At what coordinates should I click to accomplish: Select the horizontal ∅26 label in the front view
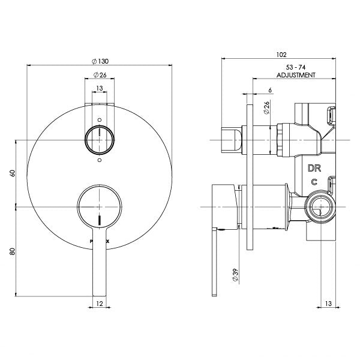[x=100, y=75]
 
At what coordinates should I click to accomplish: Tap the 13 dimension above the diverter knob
[x=100, y=88]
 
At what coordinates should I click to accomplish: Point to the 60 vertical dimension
[x=12, y=173]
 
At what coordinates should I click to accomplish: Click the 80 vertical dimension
[x=12, y=252]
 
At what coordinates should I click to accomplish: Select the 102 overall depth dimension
[x=281, y=53]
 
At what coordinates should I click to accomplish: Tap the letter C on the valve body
[x=313, y=182]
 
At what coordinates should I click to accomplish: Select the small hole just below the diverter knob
[x=100, y=161]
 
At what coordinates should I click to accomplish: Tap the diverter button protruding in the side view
[x=232, y=139]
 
